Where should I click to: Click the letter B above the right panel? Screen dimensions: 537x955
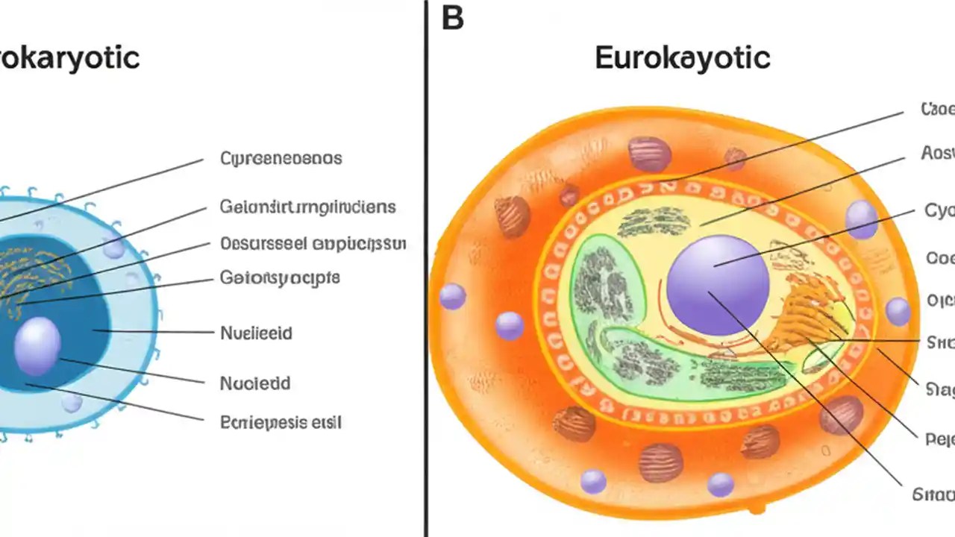point(453,18)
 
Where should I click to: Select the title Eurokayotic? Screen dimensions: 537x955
point(682,57)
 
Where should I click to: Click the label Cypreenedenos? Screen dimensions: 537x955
point(281,158)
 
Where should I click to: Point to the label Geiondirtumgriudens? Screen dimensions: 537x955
point(307,206)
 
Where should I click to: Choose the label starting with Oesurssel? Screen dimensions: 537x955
point(313,243)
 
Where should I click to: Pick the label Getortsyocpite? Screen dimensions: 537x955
point(280,278)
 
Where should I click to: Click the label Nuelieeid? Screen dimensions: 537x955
point(256,333)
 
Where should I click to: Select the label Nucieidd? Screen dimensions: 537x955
point(255,383)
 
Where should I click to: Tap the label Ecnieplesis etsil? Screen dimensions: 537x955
point(281,422)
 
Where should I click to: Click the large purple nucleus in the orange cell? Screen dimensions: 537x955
point(717,285)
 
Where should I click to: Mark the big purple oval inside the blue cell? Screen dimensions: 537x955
point(37,345)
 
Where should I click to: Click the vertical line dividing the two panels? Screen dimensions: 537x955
point(426,268)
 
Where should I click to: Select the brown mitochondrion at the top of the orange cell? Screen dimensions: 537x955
point(649,154)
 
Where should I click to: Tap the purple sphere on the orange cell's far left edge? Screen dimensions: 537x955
point(452,296)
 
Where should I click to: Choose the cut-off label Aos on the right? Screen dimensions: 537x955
point(938,154)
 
